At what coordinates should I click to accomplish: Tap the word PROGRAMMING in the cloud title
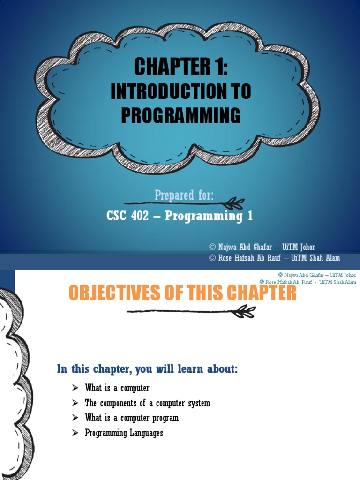pyautogui.click(x=180, y=116)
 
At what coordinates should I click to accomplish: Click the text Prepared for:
pyautogui.click(x=184, y=195)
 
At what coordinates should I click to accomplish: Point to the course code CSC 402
pyautogui.click(x=130, y=216)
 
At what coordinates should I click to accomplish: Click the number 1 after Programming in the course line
pyautogui.click(x=250, y=216)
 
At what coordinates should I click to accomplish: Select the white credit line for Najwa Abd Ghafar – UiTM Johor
pyautogui.click(x=262, y=247)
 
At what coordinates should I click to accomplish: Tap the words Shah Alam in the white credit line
pyautogui.click(x=323, y=258)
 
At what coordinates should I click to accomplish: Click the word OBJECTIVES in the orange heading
pyautogui.click(x=112, y=293)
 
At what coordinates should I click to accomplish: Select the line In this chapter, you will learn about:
pyautogui.click(x=148, y=369)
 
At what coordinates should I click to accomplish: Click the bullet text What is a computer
pyautogui.click(x=117, y=388)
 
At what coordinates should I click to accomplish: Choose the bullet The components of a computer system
pyautogui.click(x=147, y=403)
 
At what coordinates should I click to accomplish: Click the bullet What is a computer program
pyautogui.click(x=132, y=418)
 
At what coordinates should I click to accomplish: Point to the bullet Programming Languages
pyautogui.click(x=124, y=433)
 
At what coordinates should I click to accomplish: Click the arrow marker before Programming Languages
pyautogui.click(x=75, y=433)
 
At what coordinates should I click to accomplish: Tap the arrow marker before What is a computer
pyautogui.click(x=75, y=388)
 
